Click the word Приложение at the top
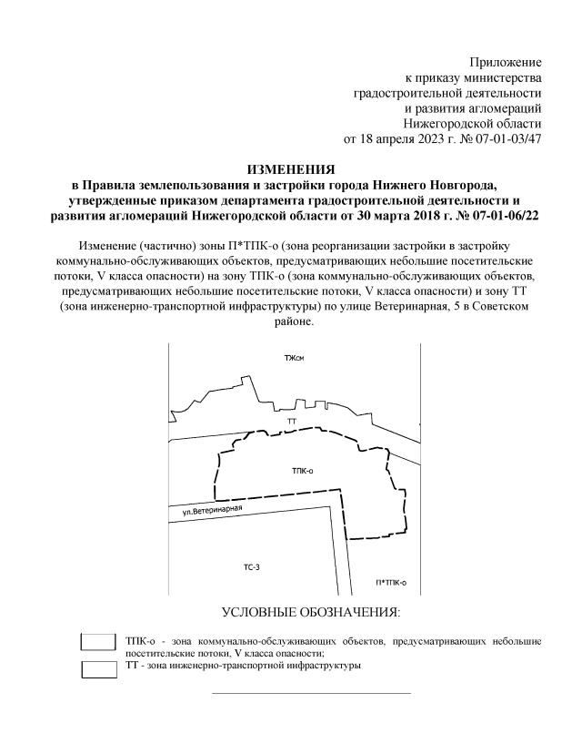tap(505, 62)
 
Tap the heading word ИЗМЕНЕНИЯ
tap(291, 169)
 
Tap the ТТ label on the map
tap(292, 423)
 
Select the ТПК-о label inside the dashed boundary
tap(303, 471)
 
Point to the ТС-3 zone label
tap(252, 567)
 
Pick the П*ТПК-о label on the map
tap(390, 582)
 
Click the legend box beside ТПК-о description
tap(98, 642)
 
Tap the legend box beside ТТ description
tap(98, 669)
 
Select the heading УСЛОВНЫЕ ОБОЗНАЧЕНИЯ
tap(311, 612)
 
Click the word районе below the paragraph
tap(291, 322)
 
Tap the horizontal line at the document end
tap(311, 694)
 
